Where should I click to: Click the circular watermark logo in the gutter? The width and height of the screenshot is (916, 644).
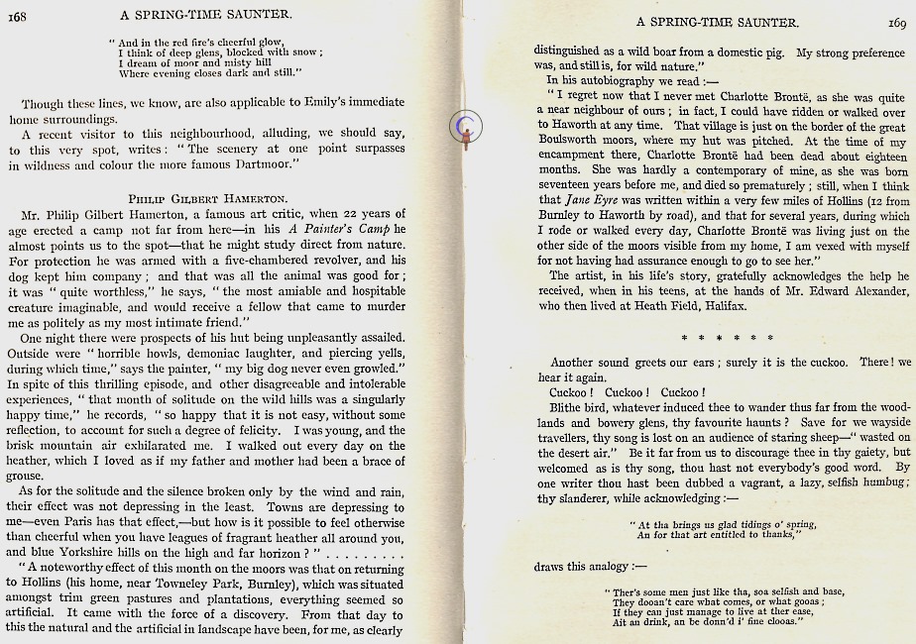pyautogui.click(x=465, y=125)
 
